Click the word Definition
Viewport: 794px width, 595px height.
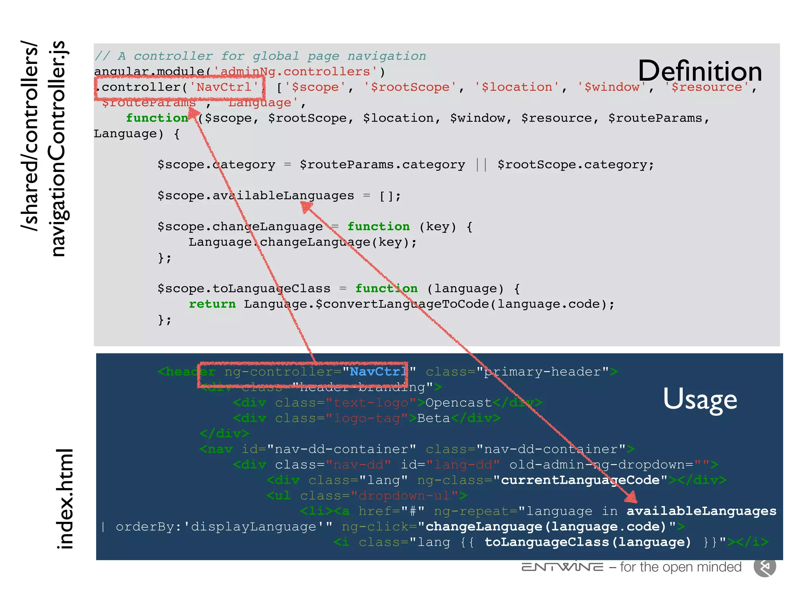[x=700, y=71]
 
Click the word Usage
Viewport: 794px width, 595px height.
[x=700, y=399]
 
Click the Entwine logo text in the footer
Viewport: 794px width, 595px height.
[x=563, y=567]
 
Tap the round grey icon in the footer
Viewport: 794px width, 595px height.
[x=765, y=567]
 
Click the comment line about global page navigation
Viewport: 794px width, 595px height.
[x=260, y=56]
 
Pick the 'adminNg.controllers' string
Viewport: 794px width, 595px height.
[x=295, y=72]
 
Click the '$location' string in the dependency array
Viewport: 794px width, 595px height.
[x=517, y=87]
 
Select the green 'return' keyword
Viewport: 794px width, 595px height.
[x=212, y=304]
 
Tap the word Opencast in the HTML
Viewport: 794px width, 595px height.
[x=458, y=403]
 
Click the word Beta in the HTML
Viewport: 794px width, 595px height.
[x=433, y=418]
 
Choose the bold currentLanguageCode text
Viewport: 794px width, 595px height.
[x=580, y=480]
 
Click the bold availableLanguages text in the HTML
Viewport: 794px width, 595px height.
[x=701, y=511]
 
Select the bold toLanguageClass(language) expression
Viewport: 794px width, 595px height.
[x=587, y=542]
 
